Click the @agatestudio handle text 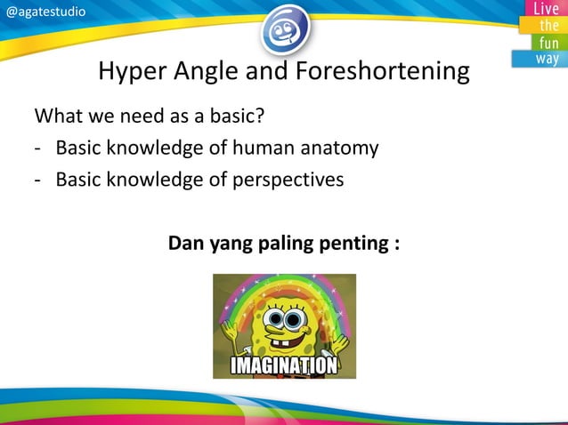[x=46, y=11]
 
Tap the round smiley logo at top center [x=285, y=29]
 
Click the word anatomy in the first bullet [x=337, y=148]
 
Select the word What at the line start [x=55, y=116]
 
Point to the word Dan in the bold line [x=186, y=242]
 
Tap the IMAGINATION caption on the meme [x=284, y=366]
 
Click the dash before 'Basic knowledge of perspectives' [x=38, y=179]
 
